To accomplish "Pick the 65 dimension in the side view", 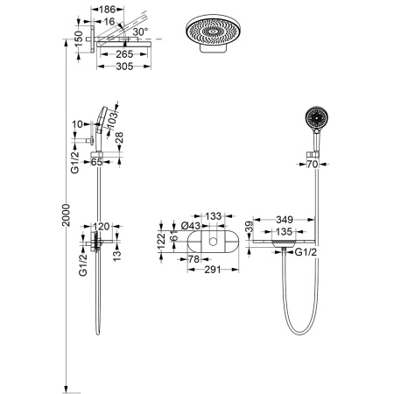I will pos(96,162).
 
